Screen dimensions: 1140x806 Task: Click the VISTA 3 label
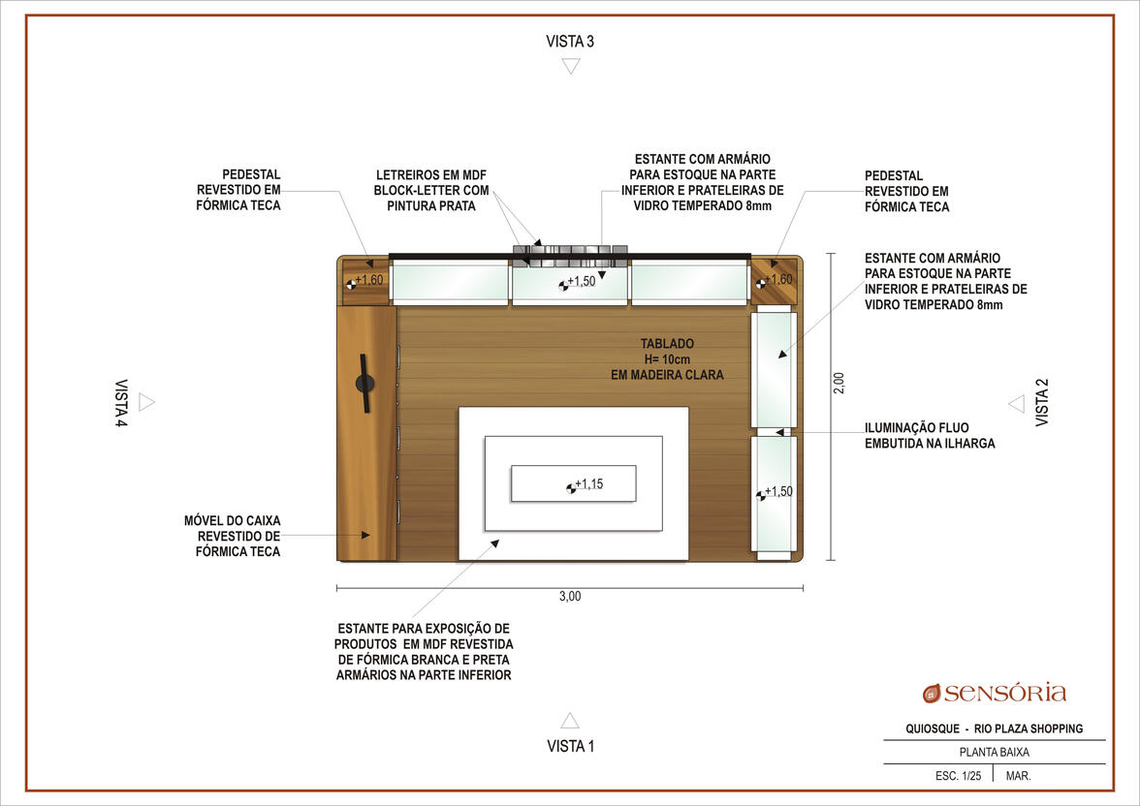click(x=570, y=42)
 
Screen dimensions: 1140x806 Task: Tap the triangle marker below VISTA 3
click(x=571, y=66)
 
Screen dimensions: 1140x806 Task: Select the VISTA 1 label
click(x=571, y=746)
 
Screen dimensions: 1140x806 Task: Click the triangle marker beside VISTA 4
click(x=146, y=402)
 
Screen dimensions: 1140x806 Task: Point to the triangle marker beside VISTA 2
click(x=1016, y=403)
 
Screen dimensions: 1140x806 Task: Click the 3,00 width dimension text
click(x=570, y=596)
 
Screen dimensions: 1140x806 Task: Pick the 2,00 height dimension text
click(x=839, y=383)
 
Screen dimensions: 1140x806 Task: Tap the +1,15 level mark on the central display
click(x=586, y=484)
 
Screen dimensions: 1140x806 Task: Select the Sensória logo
click(x=994, y=693)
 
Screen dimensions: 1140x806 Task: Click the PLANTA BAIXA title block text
click(x=994, y=752)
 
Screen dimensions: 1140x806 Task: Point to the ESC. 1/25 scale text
click(x=958, y=775)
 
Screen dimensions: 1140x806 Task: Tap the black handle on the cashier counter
click(x=364, y=383)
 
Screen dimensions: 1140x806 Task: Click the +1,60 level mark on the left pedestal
click(x=364, y=281)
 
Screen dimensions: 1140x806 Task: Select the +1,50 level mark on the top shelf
click(x=578, y=282)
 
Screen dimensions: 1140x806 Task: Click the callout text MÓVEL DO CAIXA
click(x=232, y=520)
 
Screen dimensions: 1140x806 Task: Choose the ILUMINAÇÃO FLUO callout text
click(x=916, y=427)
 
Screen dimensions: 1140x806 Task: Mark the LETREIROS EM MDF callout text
click(x=431, y=175)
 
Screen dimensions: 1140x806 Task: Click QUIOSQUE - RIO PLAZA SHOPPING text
click(x=994, y=728)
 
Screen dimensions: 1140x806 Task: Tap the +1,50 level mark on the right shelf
click(x=775, y=493)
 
